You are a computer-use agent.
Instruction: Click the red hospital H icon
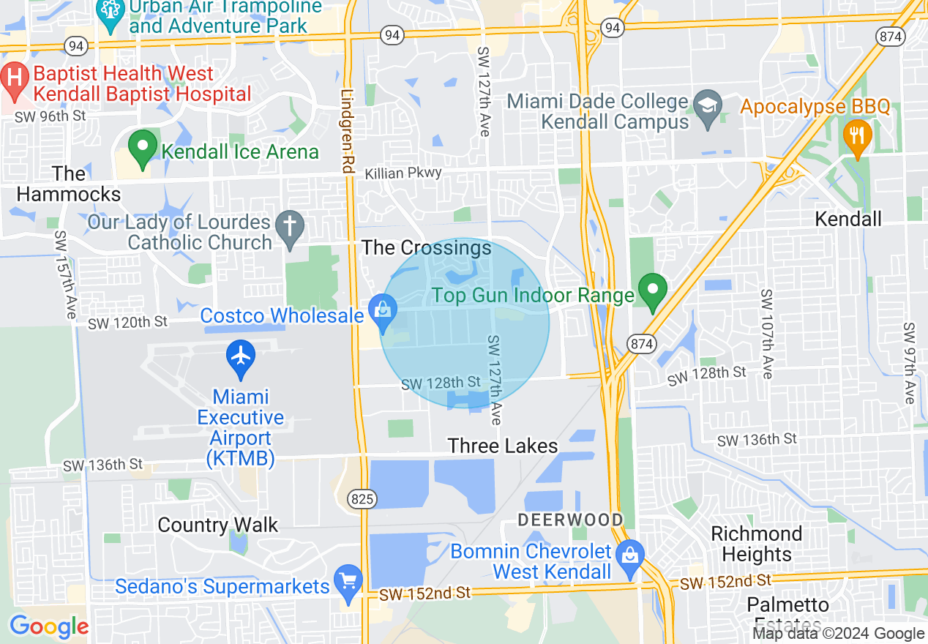[x=14, y=75]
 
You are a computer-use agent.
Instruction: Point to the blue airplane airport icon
[x=240, y=356]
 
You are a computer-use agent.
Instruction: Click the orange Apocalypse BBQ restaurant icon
[x=856, y=137]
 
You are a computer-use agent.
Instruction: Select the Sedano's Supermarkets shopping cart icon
[x=348, y=582]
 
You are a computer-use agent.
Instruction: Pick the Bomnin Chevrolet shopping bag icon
[x=629, y=556]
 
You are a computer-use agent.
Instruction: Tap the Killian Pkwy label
[x=403, y=173]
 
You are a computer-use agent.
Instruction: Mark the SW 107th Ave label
[x=766, y=334]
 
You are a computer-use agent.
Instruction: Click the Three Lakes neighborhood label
[x=503, y=446]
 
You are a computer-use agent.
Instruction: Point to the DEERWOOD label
[x=570, y=520]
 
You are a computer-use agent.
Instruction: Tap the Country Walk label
[x=218, y=525]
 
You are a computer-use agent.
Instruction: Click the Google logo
[x=49, y=626]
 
